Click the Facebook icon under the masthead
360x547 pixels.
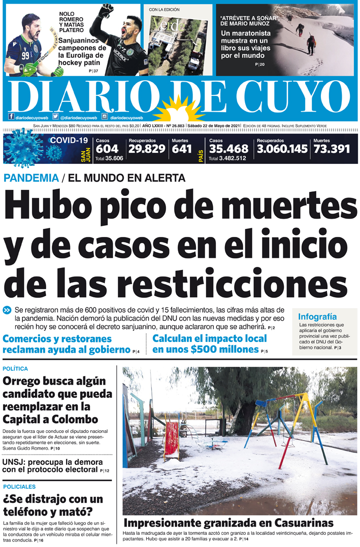click(11, 116)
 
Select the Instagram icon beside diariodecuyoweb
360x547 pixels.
click(105, 116)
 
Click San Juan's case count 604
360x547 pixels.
click(107, 149)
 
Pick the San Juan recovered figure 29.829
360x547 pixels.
click(147, 149)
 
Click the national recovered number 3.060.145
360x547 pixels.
click(282, 149)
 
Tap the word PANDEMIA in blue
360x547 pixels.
click(31, 178)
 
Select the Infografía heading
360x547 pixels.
click(317, 317)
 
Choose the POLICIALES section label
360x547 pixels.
click(19, 486)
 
